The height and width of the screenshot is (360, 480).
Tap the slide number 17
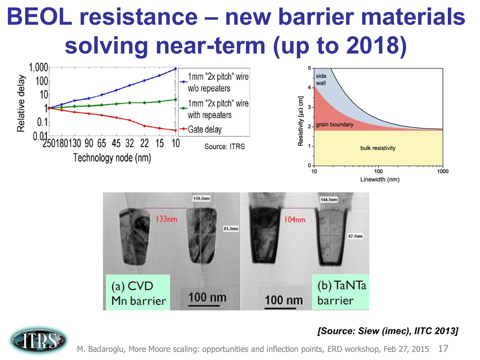coord(443,349)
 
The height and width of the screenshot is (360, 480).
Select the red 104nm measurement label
coord(294,220)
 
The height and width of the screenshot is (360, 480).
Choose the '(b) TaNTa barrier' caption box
coord(341,292)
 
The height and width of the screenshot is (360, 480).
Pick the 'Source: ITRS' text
coord(225,147)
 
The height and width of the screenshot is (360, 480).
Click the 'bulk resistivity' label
coord(377,148)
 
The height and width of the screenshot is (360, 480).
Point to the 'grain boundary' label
coord(335,125)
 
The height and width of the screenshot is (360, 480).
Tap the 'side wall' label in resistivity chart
coord(321,80)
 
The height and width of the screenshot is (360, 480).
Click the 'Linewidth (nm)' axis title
coord(380,179)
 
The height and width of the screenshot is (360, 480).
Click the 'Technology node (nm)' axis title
coord(112,158)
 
